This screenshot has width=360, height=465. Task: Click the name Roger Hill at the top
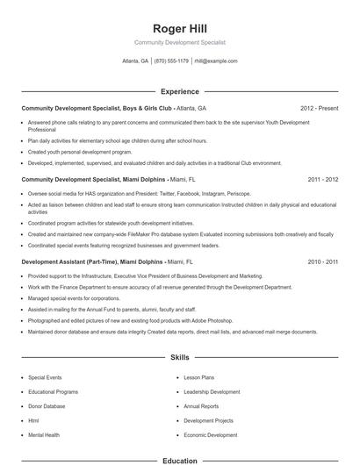point(179,28)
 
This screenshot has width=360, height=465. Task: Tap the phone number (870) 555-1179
point(171,61)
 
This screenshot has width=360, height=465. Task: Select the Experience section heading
point(179,91)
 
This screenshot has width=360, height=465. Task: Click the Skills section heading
point(179,358)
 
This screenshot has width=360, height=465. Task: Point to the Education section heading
point(179,460)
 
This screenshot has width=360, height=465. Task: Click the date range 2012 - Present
point(319,108)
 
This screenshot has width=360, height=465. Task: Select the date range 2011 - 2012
point(322,178)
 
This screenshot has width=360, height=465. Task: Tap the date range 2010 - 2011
point(322,261)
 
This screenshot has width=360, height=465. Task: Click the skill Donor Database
point(47,406)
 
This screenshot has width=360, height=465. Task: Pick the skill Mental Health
point(44,434)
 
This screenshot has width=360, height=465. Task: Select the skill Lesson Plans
point(199,377)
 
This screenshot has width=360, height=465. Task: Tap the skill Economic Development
point(210,434)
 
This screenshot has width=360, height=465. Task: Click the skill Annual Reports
point(202,406)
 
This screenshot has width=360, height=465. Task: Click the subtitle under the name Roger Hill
point(179,42)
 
